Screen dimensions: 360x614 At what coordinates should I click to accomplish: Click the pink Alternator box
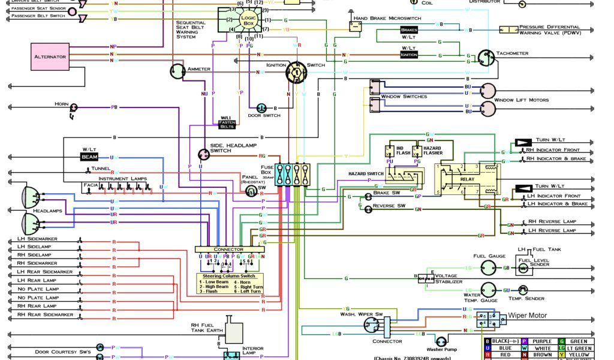50,56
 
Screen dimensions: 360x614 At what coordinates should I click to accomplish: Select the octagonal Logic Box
248,19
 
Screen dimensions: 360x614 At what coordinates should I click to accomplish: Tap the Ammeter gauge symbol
177,71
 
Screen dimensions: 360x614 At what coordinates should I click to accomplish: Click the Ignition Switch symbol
296,72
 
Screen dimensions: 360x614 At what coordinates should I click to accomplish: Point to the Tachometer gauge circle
486,58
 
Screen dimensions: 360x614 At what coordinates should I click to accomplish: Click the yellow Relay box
466,179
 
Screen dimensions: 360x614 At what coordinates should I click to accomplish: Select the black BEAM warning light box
89,157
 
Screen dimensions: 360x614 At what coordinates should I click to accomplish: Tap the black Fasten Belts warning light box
227,124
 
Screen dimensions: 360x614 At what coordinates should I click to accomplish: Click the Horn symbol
74,107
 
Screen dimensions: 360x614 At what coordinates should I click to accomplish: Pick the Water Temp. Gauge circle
488,290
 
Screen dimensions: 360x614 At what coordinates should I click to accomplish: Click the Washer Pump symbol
442,341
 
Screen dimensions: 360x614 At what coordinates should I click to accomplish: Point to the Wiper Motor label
528,315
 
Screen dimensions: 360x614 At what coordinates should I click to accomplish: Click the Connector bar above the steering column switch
229,249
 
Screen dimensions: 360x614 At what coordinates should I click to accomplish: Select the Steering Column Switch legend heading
228,276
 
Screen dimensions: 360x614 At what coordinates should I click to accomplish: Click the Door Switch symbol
261,108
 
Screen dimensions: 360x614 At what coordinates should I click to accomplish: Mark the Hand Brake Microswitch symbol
355,26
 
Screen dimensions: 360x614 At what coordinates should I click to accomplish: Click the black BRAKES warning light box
409,29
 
